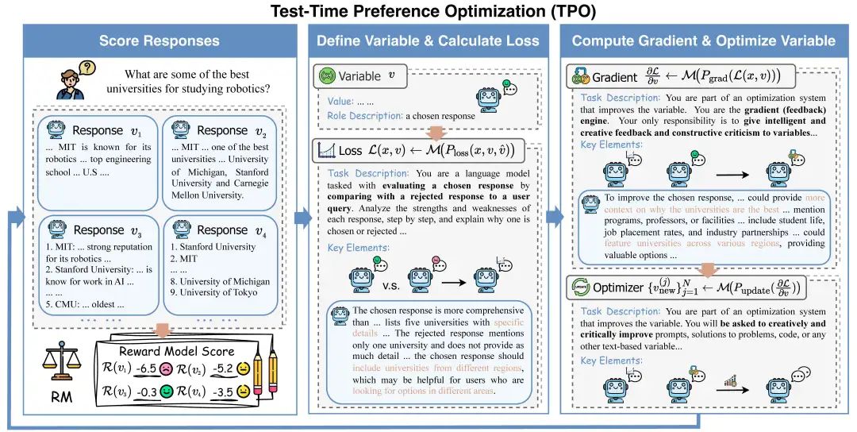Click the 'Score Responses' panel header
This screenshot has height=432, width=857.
[x=159, y=40]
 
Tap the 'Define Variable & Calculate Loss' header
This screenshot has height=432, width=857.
[x=428, y=40]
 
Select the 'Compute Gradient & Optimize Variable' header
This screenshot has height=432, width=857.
[x=703, y=40]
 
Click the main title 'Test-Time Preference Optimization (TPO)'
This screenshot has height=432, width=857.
[x=428, y=11]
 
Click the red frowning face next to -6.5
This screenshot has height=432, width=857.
[x=165, y=369]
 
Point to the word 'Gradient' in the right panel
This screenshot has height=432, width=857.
[x=615, y=77]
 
